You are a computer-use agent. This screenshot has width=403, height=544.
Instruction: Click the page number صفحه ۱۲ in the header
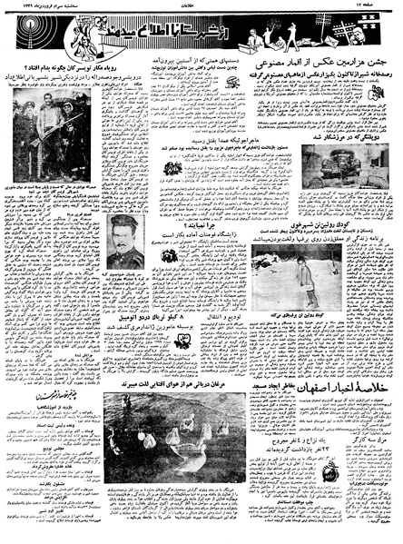click(379, 6)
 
